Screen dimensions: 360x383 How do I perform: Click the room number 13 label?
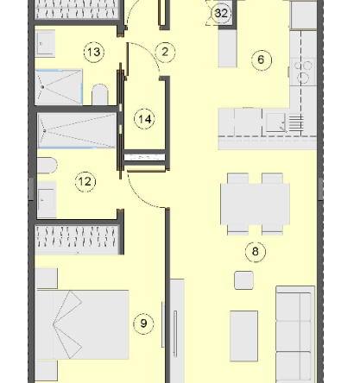coord(94,52)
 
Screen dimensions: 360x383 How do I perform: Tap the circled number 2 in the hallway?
coord(165,52)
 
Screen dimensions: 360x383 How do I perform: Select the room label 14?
coord(144,119)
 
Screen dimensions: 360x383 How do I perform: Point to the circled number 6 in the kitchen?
coord(262,60)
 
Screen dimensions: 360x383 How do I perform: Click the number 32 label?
coord(221,13)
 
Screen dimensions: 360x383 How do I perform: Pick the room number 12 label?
coord(85,182)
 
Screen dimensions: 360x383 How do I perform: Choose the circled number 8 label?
coord(256,252)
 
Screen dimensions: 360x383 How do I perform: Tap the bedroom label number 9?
coord(143,323)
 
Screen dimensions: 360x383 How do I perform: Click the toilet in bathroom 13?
coord(100,94)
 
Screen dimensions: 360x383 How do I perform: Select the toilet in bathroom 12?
coord(47,166)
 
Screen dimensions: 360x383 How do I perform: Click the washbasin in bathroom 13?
coord(45,43)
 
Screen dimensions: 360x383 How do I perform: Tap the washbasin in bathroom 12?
coord(47,199)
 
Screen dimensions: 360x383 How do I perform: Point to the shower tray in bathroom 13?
coord(59,87)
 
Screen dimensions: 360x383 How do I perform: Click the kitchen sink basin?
coord(275,122)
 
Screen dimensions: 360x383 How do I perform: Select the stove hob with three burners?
coord(303,72)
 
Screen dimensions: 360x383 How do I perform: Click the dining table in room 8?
coord(255,204)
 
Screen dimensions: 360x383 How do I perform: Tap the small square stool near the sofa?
coord(243,280)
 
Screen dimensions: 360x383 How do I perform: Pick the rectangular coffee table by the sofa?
coord(243,336)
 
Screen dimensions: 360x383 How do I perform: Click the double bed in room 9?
coord(82,324)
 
